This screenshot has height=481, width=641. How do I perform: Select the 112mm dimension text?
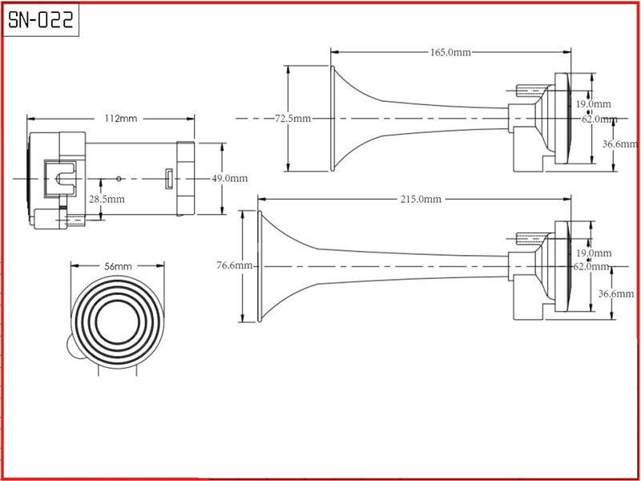pos(120,119)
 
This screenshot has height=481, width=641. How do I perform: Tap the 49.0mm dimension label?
pos(229,178)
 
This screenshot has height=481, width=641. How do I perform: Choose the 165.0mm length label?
pos(450,52)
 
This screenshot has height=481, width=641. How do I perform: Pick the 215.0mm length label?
pos(420,198)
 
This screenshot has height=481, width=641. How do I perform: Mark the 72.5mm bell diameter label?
pos(292,119)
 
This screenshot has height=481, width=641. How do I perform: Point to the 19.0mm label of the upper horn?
pos(594,104)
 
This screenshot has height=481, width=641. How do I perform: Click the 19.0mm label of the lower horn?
pos(594,253)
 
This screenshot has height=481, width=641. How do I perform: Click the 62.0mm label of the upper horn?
pos(600,119)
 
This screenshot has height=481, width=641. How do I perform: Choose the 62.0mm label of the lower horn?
pos(600,267)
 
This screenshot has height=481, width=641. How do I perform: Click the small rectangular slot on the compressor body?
pos(169,178)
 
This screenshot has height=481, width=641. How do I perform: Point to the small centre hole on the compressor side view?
pos(119,178)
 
